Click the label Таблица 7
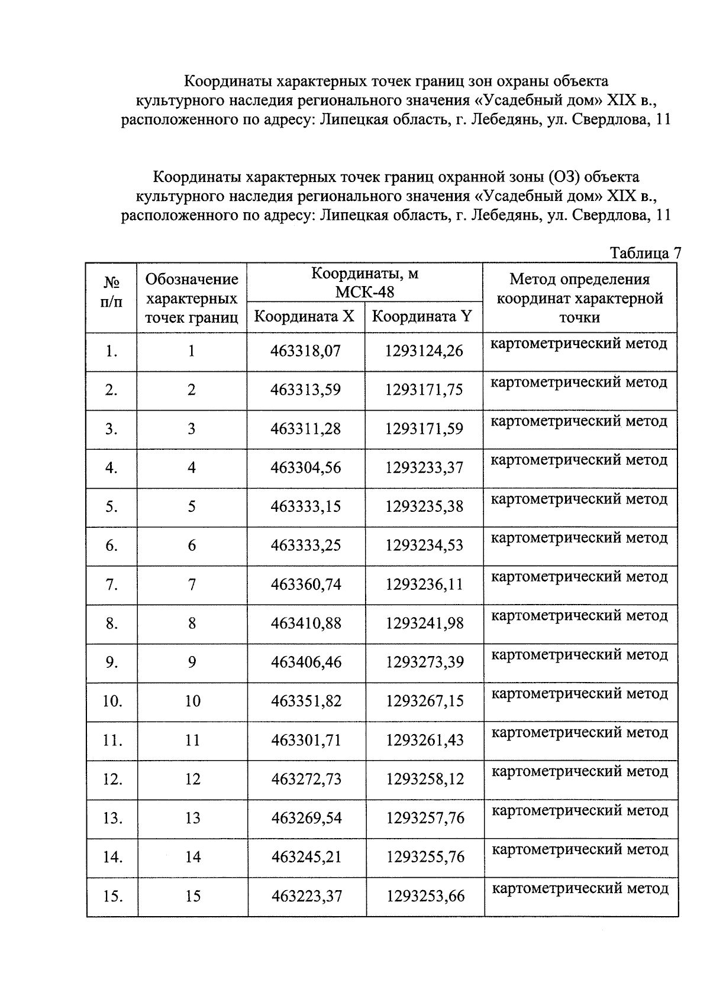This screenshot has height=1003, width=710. (646, 253)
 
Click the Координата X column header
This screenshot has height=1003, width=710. (304, 316)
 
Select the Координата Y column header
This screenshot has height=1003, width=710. (422, 316)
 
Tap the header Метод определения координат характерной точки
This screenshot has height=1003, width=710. (579, 298)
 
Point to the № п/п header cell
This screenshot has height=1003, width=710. (111, 293)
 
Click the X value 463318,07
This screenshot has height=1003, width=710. (305, 351)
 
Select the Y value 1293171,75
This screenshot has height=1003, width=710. (424, 390)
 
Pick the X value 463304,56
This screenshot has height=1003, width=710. (305, 468)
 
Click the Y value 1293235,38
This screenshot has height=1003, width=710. (424, 507)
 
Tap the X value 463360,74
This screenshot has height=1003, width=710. (306, 585)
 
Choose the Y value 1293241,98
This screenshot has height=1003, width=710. (424, 624)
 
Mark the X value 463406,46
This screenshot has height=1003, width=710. (306, 662)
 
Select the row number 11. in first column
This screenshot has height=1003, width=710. (112, 740)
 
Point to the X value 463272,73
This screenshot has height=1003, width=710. (306, 779)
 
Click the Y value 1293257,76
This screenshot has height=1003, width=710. (425, 818)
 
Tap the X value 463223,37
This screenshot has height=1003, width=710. (306, 896)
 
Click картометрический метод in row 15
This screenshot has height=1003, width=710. (580, 888)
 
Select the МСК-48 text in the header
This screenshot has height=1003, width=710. (364, 292)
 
